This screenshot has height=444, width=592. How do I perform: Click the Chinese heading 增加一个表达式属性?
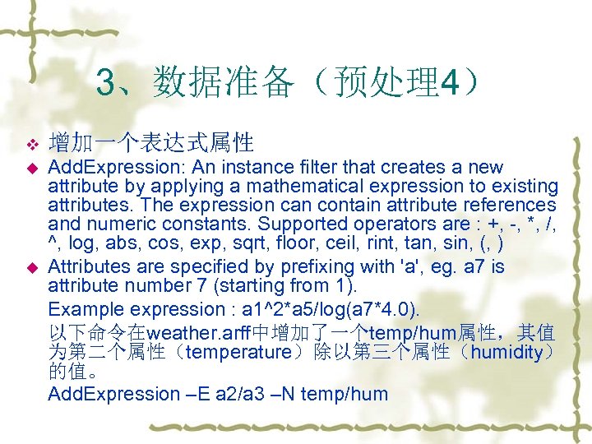150,144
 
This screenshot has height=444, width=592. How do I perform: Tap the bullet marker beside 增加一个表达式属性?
33,146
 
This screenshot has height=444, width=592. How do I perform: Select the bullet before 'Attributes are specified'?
33,267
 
